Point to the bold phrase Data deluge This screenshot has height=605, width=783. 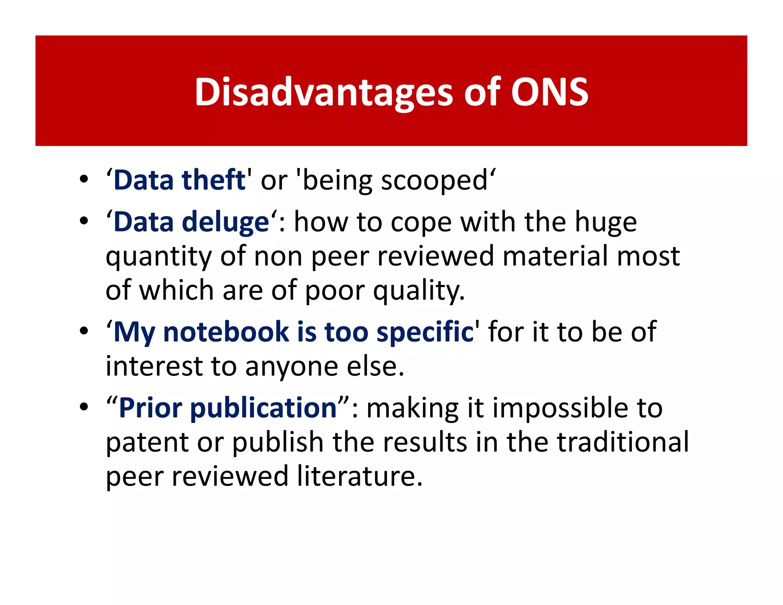click(x=191, y=222)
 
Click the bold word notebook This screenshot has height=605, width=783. click(x=226, y=332)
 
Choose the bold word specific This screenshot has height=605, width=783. click(x=425, y=332)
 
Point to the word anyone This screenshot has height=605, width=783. click(x=292, y=366)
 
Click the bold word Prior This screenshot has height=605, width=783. click(x=151, y=408)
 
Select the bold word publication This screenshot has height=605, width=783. click(x=263, y=408)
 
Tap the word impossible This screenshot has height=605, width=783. click(x=559, y=408)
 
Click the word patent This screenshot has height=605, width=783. click(x=147, y=442)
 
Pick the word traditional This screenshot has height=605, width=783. click(x=623, y=442)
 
